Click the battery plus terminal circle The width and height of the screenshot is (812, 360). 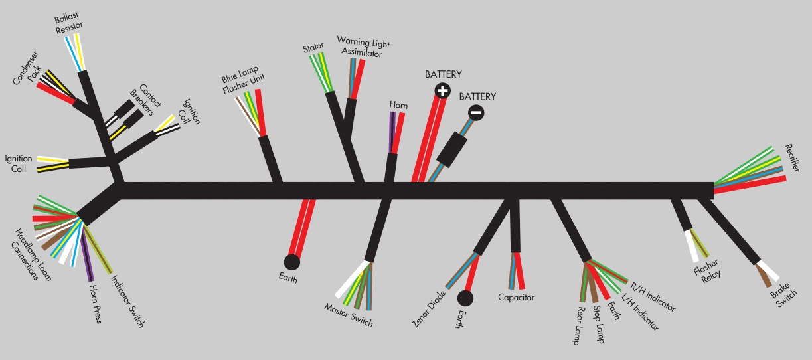443,90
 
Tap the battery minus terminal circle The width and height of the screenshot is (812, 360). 476,112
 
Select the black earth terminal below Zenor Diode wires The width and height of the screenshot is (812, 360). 465,298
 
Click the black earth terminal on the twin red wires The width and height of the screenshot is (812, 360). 292,262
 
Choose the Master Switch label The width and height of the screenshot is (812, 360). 349,315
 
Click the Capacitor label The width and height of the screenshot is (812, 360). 516,297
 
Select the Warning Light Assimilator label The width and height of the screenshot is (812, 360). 360,48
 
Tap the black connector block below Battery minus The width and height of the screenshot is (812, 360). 453,149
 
